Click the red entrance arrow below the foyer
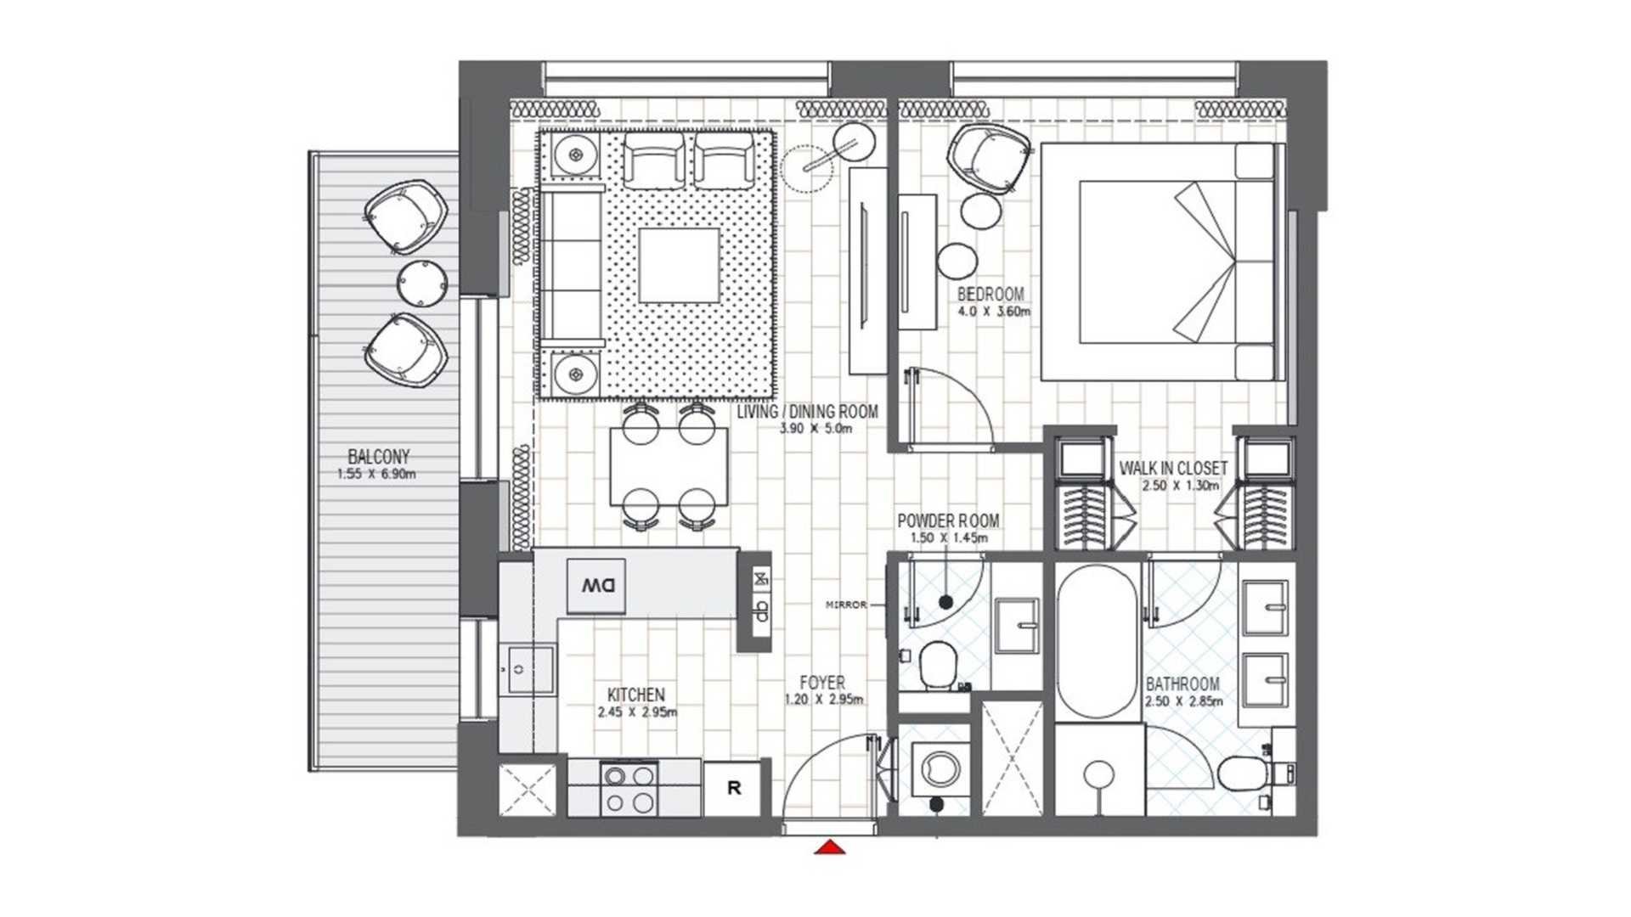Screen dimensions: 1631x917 click(830, 847)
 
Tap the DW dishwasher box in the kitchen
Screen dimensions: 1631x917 click(596, 585)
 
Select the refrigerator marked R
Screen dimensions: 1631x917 click(734, 788)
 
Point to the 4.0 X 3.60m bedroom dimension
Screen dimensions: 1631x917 click(994, 312)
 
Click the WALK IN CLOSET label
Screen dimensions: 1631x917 click(1173, 468)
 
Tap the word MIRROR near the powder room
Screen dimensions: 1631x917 click(846, 605)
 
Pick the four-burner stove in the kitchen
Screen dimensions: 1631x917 click(629, 789)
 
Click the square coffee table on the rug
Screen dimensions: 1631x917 click(679, 266)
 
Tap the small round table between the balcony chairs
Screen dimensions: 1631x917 click(422, 284)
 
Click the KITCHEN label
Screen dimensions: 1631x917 click(636, 695)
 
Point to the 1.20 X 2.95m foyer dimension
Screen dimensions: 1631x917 click(824, 700)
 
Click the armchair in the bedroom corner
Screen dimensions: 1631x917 click(991, 160)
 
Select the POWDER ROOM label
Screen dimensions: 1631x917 click(948, 520)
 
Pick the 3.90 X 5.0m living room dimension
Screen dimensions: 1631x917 click(816, 429)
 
